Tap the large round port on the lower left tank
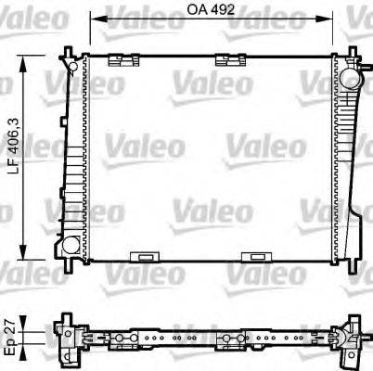pos(68,246)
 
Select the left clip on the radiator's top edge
pos(118,61)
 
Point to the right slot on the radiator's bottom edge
pos(253,257)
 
